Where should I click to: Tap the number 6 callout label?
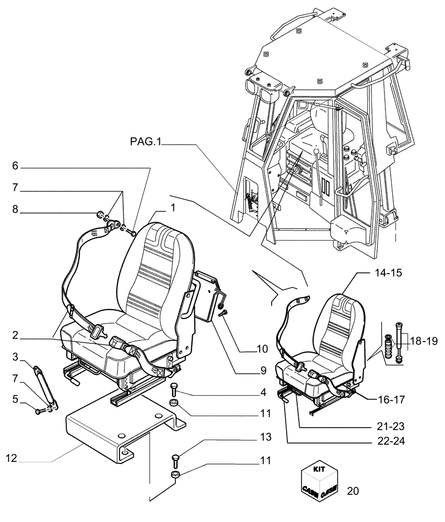pyautogui.click(x=15, y=165)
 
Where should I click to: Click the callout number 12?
pyautogui.click(x=12, y=459)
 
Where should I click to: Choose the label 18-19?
pyautogui.click(x=423, y=341)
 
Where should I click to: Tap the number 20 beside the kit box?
pyautogui.click(x=353, y=491)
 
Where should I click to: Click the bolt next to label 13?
pyautogui.click(x=175, y=461)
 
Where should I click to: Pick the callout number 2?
pyautogui.click(x=15, y=334)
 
